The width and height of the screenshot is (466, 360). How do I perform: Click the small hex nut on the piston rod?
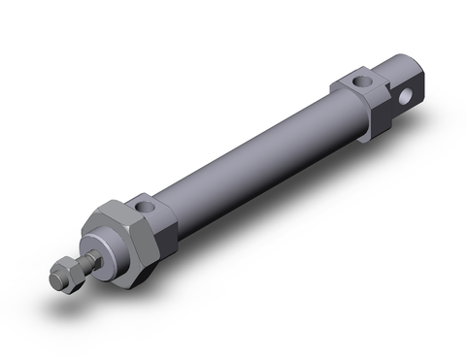[x=64, y=275]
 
